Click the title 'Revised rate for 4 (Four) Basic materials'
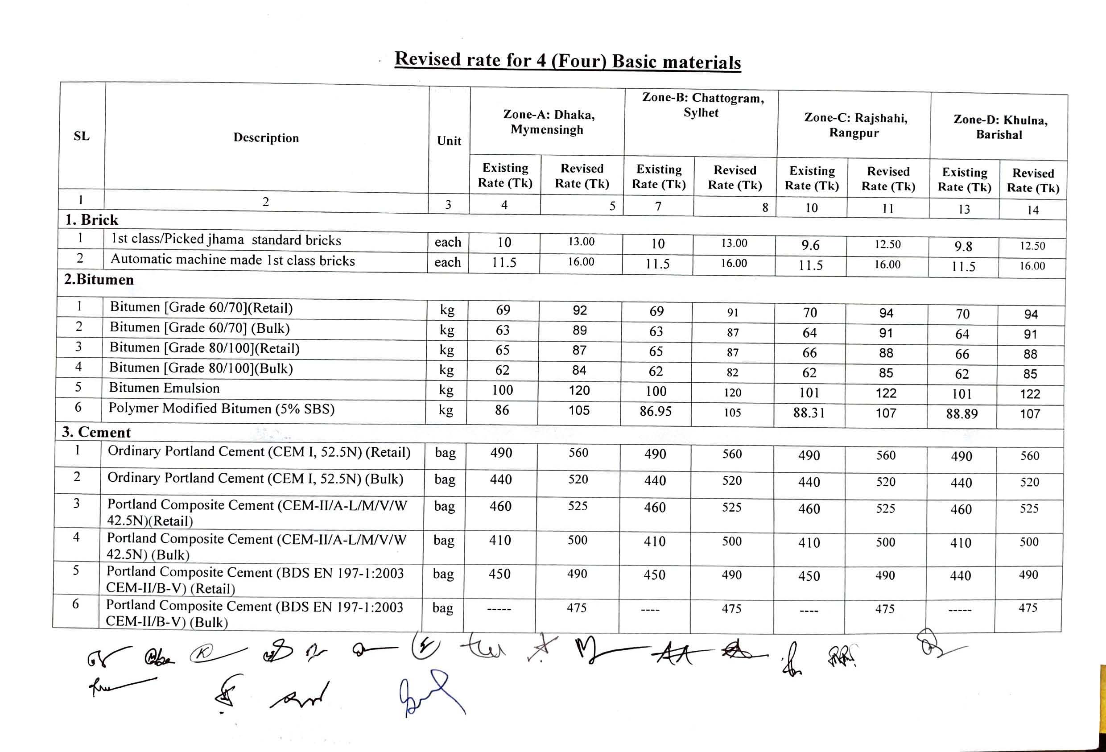pyautogui.click(x=567, y=61)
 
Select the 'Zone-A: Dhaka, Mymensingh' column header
pyautogui.click(x=548, y=122)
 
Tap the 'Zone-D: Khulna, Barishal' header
pyautogui.click(x=999, y=127)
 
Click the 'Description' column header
pyautogui.click(x=266, y=138)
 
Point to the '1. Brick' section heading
pyautogui.click(x=91, y=220)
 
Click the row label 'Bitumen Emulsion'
pyautogui.click(x=164, y=388)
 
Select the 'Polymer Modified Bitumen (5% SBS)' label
pyautogui.click(x=221, y=409)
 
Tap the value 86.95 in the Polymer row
pyautogui.click(x=655, y=411)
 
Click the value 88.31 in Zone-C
pyautogui.click(x=809, y=412)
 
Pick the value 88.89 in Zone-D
pyautogui.click(x=962, y=413)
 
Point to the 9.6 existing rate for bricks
pyautogui.click(x=810, y=245)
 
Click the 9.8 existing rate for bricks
pyautogui.click(x=963, y=247)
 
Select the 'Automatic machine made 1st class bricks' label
pyautogui.click(x=233, y=260)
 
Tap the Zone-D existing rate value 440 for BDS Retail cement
pyautogui.click(x=960, y=576)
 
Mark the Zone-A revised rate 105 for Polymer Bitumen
pyautogui.click(x=579, y=410)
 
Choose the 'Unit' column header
pyautogui.click(x=449, y=141)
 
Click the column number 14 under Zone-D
pyautogui.click(x=1032, y=210)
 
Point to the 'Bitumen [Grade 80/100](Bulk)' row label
pyautogui.click(x=201, y=368)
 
